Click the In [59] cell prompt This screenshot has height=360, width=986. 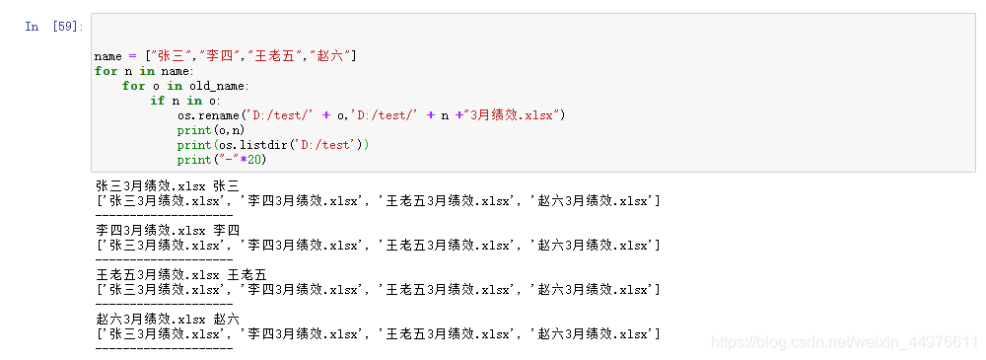(54, 27)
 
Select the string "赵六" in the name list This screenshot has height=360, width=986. (330, 56)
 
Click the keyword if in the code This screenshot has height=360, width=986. (158, 101)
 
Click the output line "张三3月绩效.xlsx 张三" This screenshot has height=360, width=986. (168, 185)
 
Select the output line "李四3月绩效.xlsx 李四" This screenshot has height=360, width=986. (168, 230)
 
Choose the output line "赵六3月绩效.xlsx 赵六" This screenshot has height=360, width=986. (168, 319)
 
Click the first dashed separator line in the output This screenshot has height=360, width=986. (164, 214)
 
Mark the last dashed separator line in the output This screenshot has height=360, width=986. (164, 347)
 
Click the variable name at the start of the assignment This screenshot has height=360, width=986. (108, 56)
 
